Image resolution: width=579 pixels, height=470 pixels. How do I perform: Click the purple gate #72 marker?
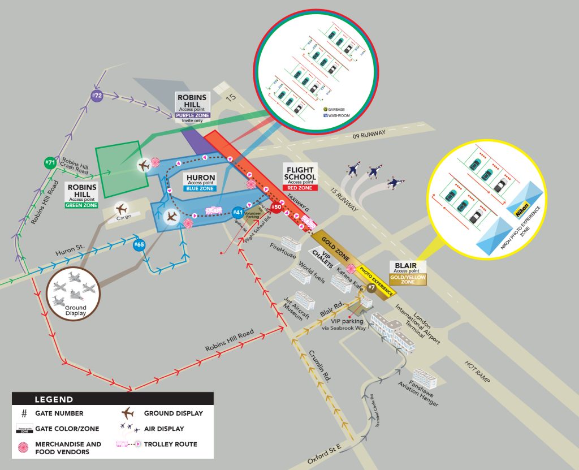[97, 96]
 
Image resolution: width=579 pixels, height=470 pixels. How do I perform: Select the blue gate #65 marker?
[138, 245]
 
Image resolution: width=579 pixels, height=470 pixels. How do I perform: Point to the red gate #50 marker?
[276, 207]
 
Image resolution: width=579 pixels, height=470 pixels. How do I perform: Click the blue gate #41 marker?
[239, 213]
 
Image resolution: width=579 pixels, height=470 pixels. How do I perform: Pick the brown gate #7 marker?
[371, 288]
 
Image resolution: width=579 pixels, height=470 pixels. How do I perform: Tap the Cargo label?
[123, 217]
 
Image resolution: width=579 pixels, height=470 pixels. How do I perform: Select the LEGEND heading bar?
[113, 399]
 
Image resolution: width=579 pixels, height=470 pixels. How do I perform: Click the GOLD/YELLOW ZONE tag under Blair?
[408, 279]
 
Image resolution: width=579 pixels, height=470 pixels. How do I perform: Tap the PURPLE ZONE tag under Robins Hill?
[192, 115]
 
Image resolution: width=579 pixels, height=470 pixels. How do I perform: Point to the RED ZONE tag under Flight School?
[300, 187]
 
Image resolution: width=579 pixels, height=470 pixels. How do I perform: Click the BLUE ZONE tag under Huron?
[201, 188]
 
